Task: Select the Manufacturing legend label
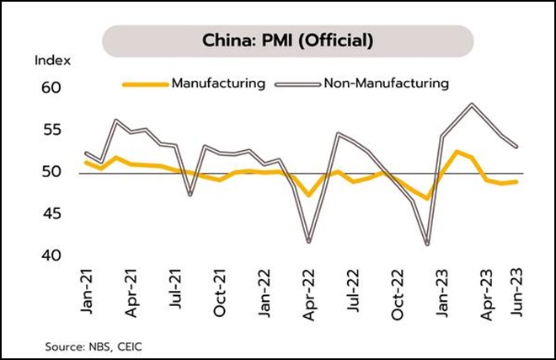point(218,83)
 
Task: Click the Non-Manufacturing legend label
point(386,83)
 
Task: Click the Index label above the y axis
point(52,61)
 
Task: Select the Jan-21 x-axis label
point(88,292)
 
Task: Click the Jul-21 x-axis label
point(175,292)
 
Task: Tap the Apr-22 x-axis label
point(309,292)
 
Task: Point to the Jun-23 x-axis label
point(517,292)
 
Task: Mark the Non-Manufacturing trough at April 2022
point(309,242)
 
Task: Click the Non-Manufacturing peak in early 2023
point(472,105)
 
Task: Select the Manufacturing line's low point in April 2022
point(309,196)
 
